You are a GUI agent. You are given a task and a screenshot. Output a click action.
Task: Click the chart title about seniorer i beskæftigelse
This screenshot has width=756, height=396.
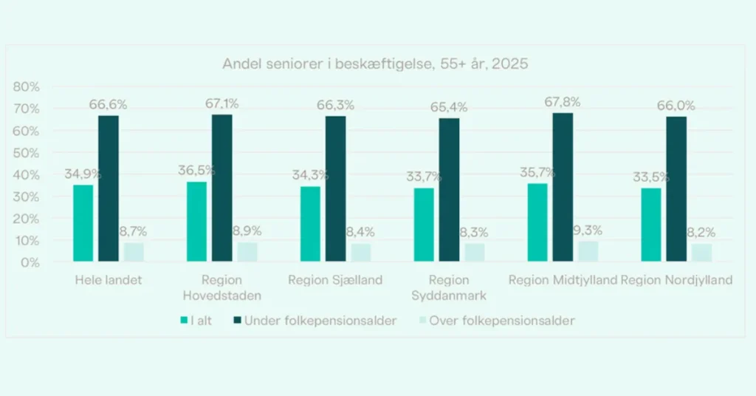(375, 64)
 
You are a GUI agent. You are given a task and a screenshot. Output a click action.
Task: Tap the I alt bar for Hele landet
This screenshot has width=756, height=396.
(83, 222)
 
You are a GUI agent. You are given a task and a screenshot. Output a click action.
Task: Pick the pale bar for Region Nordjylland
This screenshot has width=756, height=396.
(702, 253)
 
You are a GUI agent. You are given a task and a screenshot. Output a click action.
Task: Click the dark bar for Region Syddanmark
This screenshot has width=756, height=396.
(449, 190)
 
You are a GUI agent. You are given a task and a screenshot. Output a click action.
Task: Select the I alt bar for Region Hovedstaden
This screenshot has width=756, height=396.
(197, 221)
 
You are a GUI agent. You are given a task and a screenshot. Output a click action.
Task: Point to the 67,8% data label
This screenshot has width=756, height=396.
(563, 102)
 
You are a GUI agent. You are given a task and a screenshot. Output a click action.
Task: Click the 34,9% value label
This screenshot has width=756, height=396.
(83, 174)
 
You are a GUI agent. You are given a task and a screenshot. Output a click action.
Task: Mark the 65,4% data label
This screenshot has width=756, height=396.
(449, 108)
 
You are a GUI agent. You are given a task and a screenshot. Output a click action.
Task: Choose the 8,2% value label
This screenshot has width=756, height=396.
(702, 233)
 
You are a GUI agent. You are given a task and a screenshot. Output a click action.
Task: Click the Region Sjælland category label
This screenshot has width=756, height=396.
(335, 280)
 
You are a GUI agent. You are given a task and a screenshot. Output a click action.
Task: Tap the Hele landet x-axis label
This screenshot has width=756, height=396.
(108, 280)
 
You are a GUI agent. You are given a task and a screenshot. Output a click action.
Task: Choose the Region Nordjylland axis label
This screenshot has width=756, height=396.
(676, 280)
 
